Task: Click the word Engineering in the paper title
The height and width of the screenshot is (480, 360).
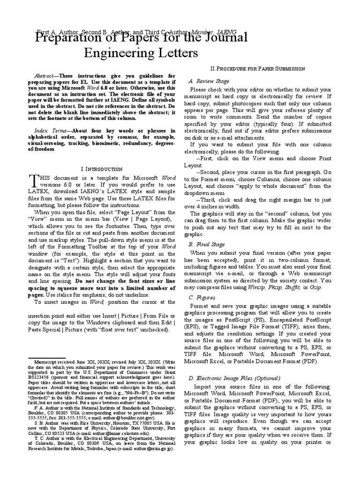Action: [x=112, y=52]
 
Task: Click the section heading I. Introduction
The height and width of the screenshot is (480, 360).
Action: [x=102, y=168]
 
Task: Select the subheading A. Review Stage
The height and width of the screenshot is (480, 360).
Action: [x=209, y=81]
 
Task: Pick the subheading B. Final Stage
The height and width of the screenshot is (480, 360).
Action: [x=207, y=244]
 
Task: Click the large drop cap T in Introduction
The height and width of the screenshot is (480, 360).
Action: [x=33, y=180]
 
